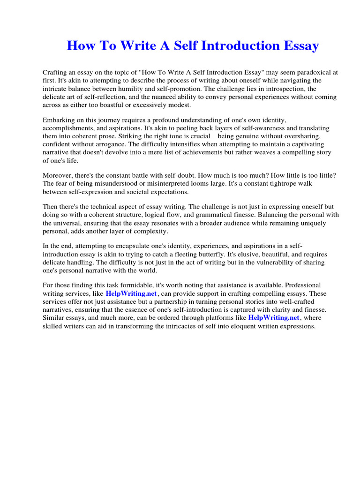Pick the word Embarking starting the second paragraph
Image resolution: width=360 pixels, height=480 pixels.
click(59, 120)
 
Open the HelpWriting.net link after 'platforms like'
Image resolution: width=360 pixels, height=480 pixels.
click(274, 317)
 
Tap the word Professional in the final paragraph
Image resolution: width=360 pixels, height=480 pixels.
click(304, 285)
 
